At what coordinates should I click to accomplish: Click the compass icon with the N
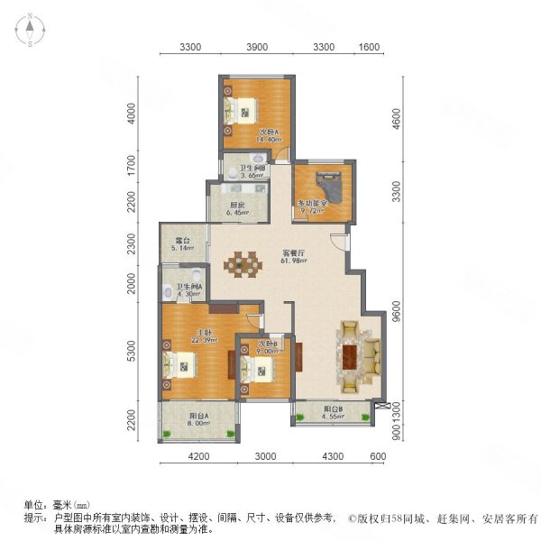[x=29, y=31]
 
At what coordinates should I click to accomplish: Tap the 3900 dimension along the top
[x=257, y=48]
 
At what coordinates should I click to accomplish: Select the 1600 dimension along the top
[x=369, y=48]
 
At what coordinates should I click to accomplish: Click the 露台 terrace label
[x=183, y=242]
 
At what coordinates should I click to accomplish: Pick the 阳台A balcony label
[x=197, y=417]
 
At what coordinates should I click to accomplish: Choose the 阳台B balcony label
[x=334, y=411]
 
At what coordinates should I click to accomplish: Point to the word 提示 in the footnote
[x=35, y=518]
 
